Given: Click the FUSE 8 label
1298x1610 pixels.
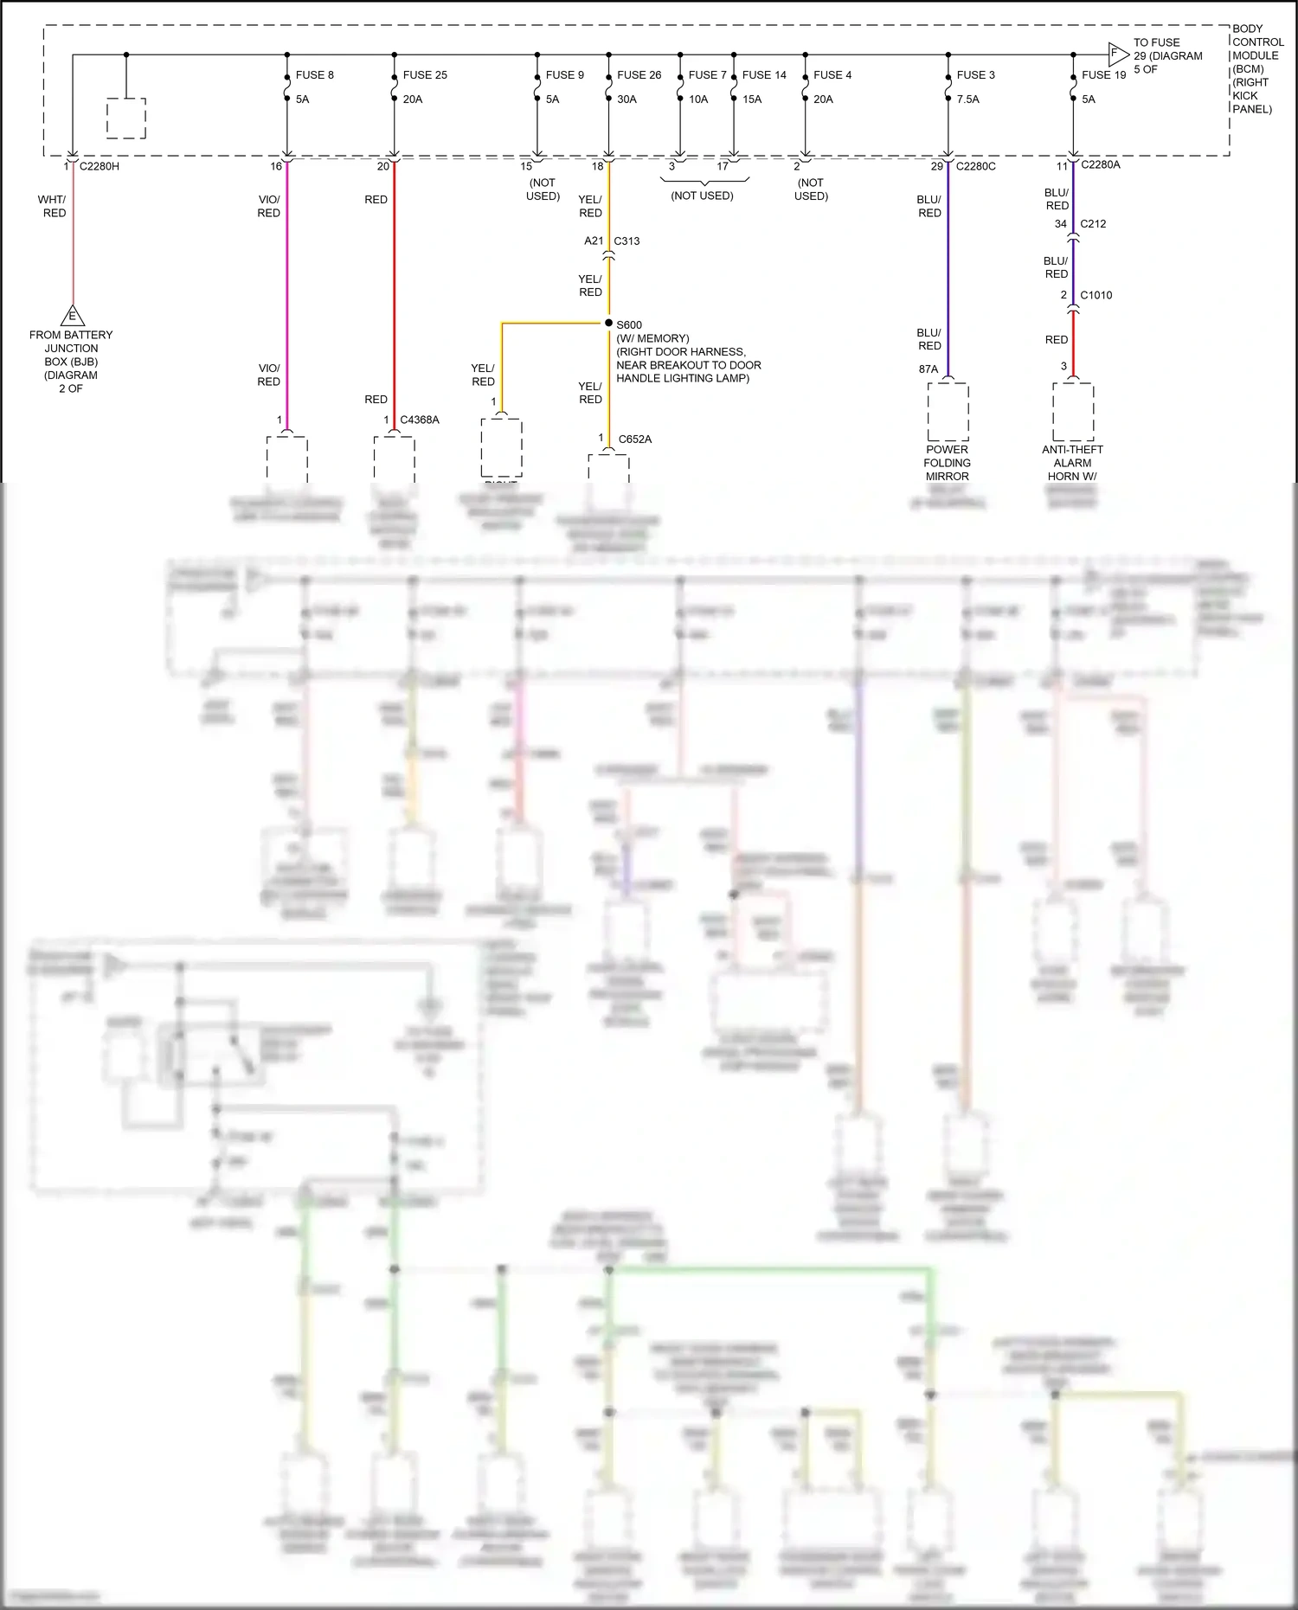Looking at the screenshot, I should coord(314,75).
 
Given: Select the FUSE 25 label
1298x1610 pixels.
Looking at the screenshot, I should coord(425,75).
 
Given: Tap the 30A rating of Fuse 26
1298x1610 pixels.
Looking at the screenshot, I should coord(627,99).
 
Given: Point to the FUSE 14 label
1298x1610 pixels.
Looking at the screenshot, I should coord(764,75).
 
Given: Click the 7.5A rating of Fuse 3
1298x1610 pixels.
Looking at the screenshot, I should coord(968,99).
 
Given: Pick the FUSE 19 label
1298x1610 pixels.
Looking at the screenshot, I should coord(1103,75).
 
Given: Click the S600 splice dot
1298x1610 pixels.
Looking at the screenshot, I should coord(608,323).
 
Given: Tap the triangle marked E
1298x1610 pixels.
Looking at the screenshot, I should coord(73,316).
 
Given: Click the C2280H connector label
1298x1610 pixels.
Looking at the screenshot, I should coord(100,166).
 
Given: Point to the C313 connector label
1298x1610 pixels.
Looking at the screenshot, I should coord(627,241).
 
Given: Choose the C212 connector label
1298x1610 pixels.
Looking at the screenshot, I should coord(1093,224).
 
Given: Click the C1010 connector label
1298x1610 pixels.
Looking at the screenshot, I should coord(1096,295).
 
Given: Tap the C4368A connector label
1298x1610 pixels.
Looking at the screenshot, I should coord(420,420).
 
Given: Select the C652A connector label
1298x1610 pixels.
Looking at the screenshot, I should coord(634,439).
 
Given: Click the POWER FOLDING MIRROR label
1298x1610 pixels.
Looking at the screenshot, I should coord(947,463).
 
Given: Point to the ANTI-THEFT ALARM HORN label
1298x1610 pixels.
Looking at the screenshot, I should coord(1072,463).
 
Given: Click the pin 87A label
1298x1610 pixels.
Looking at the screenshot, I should coord(929,369).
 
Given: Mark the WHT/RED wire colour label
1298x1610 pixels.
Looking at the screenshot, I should coord(53,206).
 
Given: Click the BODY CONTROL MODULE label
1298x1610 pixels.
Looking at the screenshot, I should coord(1256,68).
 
